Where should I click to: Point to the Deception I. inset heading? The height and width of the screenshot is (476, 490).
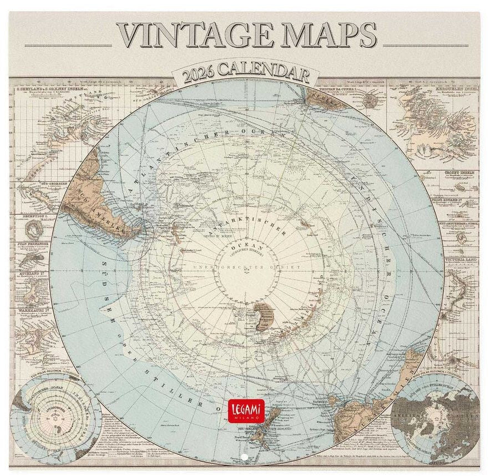[28, 211]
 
